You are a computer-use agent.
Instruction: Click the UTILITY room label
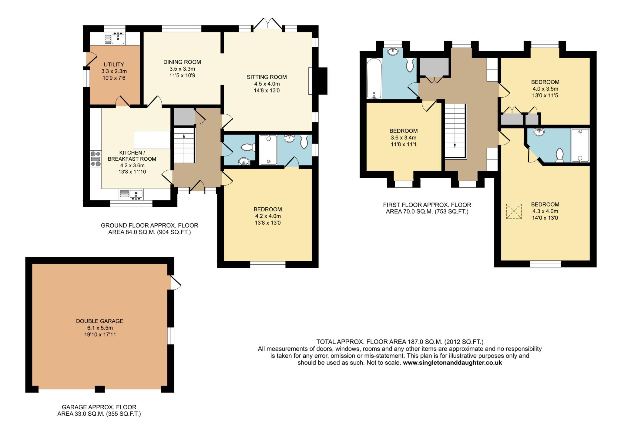click(114, 65)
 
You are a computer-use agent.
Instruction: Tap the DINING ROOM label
click(182, 62)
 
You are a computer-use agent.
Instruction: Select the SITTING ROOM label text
click(267, 77)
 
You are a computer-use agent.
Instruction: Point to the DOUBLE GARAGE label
click(100, 321)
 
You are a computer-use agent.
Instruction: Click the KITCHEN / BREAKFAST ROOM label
click(132, 156)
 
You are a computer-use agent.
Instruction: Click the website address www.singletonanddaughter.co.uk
click(452, 363)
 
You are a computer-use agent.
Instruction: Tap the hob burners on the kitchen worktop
click(95, 159)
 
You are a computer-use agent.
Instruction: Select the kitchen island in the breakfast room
click(152, 140)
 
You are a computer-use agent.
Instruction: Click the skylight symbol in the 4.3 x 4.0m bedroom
click(514, 211)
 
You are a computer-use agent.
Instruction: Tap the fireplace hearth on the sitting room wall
click(310, 81)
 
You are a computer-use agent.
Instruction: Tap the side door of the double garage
click(176, 283)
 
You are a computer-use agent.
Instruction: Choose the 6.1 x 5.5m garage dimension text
click(100, 328)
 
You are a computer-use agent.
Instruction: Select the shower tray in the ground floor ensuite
click(268, 150)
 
